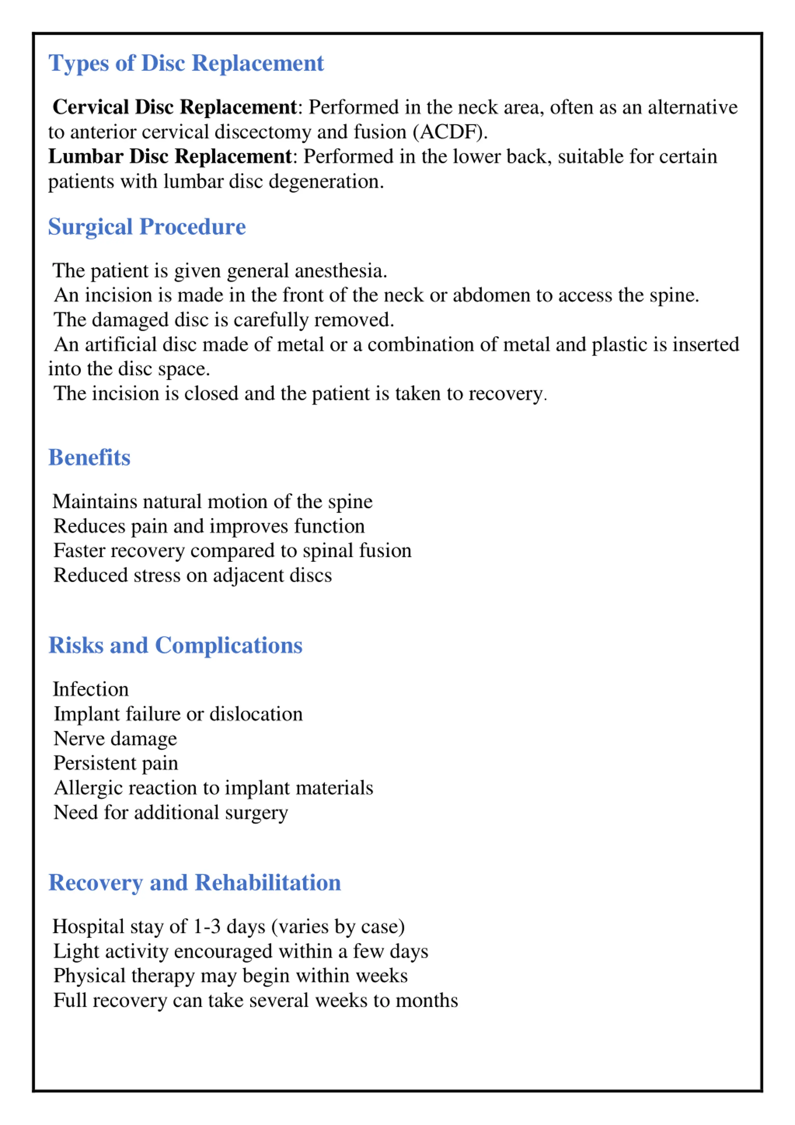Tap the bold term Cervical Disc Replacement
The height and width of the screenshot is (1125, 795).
pos(175,107)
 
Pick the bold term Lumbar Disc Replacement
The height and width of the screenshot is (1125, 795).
pos(170,156)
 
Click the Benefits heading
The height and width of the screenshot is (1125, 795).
pos(89,457)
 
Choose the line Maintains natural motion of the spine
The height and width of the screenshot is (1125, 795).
pos(212,501)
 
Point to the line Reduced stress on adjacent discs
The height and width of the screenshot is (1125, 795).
pos(193,575)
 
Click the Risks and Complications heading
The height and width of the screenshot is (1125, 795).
pos(175,645)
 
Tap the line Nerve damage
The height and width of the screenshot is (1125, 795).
pos(115,739)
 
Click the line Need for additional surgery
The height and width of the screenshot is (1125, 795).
pos(170,812)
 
